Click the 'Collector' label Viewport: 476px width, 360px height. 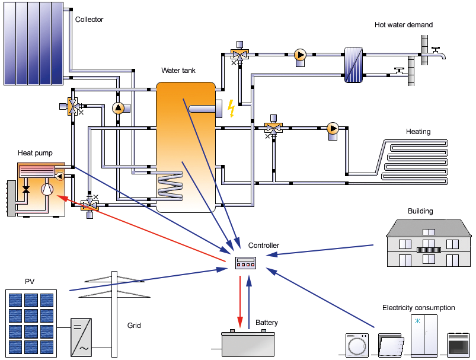click(x=89, y=20)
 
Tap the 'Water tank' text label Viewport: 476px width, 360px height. click(x=178, y=71)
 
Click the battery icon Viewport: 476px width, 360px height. click(x=248, y=343)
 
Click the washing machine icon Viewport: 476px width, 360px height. click(x=357, y=345)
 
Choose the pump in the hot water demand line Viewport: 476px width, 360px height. click(x=300, y=55)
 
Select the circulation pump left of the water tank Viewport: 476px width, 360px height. click(x=118, y=108)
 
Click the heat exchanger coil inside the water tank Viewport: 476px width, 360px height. click(x=170, y=186)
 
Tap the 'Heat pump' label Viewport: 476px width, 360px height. click(x=35, y=153)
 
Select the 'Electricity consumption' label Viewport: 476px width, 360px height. click(x=419, y=308)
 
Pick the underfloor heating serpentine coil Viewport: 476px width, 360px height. click(x=415, y=160)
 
